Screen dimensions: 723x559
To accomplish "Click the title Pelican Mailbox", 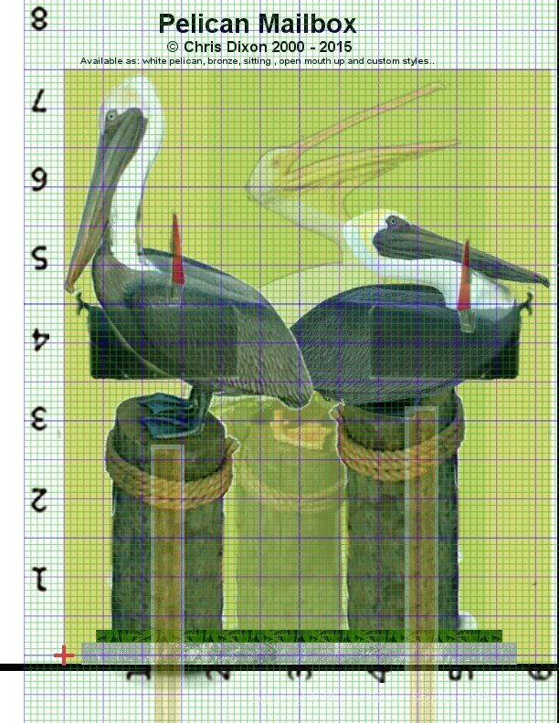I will pyautogui.click(x=257, y=23).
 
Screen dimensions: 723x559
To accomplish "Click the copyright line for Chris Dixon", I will pyautogui.click(x=258, y=47).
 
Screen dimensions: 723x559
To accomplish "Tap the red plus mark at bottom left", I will pyautogui.click(x=64, y=655).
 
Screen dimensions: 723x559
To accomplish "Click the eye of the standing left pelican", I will pyautogui.click(x=111, y=117).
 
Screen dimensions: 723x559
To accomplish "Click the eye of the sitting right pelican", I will pyautogui.click(x=393, y=221).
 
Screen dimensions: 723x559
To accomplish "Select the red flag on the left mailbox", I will pyautogui.click(x=177, y=250).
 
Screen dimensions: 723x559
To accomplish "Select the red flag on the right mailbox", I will pyautogui.click(x=465, y=274).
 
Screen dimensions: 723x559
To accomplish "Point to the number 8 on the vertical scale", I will pyautogui.click(x=39, y=18).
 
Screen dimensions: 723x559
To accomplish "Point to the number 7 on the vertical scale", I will pyautogui.click(x=39, y=100).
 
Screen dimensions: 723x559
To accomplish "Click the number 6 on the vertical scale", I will pyautogui.click(x=39, y=180).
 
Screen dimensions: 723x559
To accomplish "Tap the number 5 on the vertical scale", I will pyautogui.click(x=39, y=259).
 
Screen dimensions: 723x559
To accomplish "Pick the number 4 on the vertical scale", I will pyautogui.click(x=39, y=340).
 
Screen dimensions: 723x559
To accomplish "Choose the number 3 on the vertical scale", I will pyautogui.click(x=39, y=419).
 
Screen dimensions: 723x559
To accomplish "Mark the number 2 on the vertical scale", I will pyautogui.click(x=39, y=499).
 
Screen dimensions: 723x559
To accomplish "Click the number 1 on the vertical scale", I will pyautogui.click(x=39, y=579).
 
